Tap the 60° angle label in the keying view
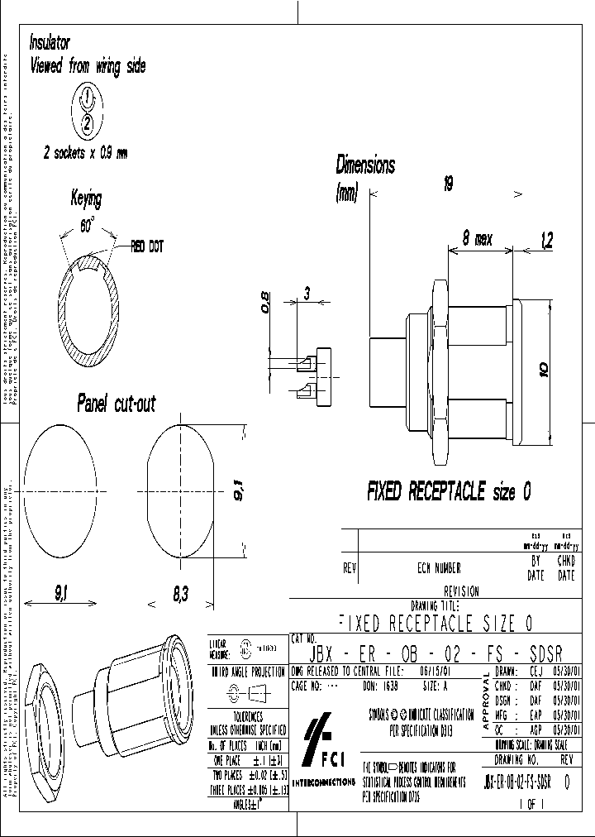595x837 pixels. coord(87,226)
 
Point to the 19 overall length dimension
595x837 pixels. coord(447,185)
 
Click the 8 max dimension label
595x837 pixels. coord(477,239)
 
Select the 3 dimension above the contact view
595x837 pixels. coord(307,294)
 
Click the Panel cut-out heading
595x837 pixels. coord(116,404)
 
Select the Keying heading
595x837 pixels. coord(87,199)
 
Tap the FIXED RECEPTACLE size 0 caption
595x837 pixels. coord(449,492)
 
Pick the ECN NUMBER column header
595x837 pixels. coord(439,568)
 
